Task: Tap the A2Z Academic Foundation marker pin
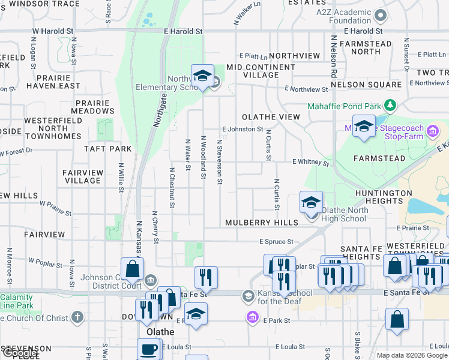click(x=379, y=15)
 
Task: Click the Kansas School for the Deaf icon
click(x=248, y=296)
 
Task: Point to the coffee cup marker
click(x=148, y=349)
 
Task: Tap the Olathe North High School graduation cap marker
click(x=311, y=203)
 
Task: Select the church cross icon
click(x=77, y=316)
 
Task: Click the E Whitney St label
click(x=311, y=163)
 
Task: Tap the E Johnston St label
click(x=243, y=129)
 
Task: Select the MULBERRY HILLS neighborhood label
click(x=262, y=223)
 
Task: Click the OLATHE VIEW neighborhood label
click(x=271, y=117)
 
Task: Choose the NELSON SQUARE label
click(x=366, y=85)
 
